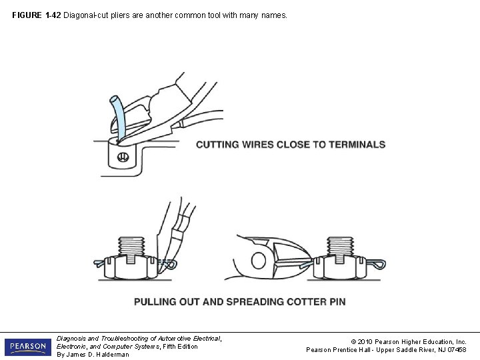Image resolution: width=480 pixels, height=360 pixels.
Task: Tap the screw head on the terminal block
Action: (123, 158)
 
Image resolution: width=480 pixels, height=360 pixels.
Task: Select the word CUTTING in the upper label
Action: (217, 145)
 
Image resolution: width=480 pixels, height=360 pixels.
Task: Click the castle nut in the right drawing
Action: (339, 267)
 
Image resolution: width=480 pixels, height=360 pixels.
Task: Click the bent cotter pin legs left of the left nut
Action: (103, 263)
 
